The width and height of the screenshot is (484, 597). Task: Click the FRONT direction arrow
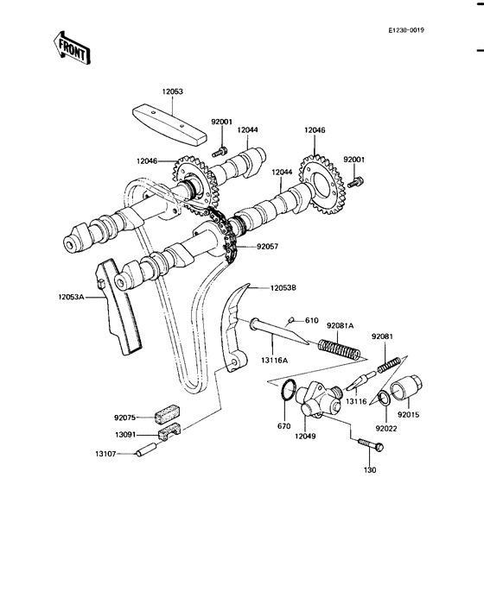(73, 48)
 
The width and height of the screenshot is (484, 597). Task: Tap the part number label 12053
(172, 91)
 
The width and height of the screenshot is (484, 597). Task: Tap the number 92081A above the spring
(341, 325)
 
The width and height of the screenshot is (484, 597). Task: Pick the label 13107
(109, 453)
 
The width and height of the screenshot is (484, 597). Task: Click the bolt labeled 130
(367, 445)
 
